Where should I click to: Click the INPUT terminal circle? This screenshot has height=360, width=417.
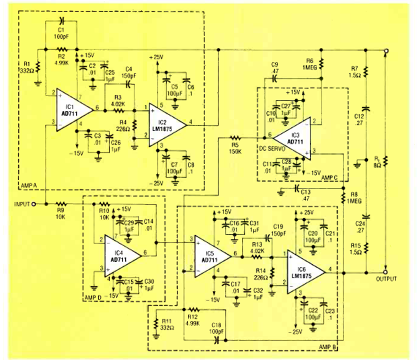33,204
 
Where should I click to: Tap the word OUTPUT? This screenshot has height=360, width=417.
386,279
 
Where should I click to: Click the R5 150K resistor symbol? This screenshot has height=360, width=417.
236,137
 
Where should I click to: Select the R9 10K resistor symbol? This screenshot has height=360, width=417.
61,204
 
